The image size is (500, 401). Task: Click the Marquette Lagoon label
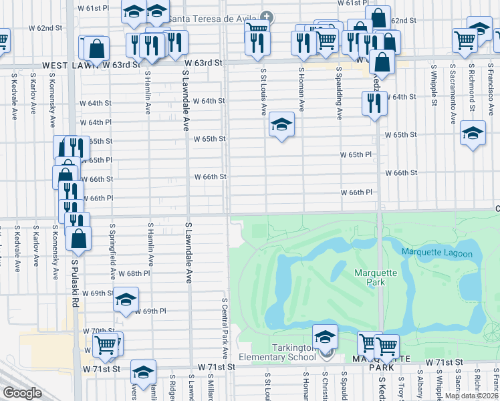point(436,253)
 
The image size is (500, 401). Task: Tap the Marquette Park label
point(375,277)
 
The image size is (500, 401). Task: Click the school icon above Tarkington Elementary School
point(325,336)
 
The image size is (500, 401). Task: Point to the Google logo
point(22,393)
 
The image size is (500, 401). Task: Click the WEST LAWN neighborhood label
point(70,65)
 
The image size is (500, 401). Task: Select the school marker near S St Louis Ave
point(281,124)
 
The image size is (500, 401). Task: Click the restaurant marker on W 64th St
point(373,103)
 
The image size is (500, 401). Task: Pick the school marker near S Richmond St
point(473,133)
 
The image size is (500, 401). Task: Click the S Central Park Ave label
point(225,327)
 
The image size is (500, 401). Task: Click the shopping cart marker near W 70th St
point(106,345)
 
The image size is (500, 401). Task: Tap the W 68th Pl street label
point(134,274)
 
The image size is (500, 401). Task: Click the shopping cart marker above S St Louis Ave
point(257,28)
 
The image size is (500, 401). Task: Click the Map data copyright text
point(471,396)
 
